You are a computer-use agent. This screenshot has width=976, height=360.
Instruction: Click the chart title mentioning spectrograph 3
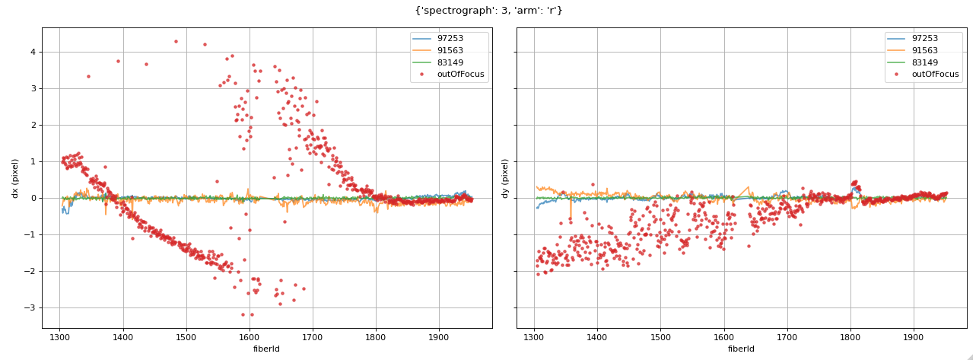coord(488,11)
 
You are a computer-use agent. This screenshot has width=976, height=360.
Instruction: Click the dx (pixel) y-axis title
coord(14,178)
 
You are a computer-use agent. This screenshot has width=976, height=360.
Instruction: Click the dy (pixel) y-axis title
coord(504,178)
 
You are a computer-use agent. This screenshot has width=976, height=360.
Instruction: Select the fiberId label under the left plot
coord(267,349)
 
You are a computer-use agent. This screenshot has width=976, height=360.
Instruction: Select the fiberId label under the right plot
coord(742,349)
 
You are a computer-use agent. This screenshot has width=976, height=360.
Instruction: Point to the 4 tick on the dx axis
coord(32,52)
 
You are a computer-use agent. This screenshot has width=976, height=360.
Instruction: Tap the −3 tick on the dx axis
coord(30,307)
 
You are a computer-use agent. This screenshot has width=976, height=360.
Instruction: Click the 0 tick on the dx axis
coord(32,198)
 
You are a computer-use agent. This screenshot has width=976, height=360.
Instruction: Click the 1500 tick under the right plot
coord(660,336)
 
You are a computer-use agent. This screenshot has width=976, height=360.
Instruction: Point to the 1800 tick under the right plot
coord(850,336)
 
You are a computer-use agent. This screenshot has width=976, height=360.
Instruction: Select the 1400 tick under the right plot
coord(597,336)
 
